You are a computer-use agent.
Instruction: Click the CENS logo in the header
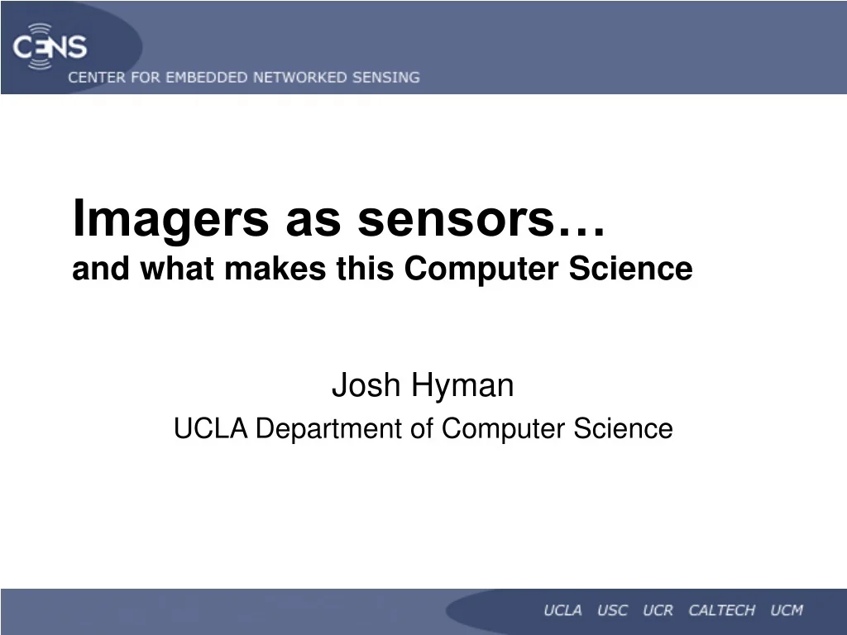[x=50, y=46]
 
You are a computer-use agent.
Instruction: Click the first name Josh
[x=361, y=385]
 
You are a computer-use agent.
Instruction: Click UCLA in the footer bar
[x=562, y=611]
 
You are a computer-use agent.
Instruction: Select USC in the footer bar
[x=612, y=611]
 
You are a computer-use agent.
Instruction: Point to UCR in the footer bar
[x=658, y=611]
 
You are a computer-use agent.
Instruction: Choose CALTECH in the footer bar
[x=721, y=611]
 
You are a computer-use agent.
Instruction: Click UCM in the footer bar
[x=787, y=611]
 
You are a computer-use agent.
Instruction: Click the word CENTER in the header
[x=95, y=78]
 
